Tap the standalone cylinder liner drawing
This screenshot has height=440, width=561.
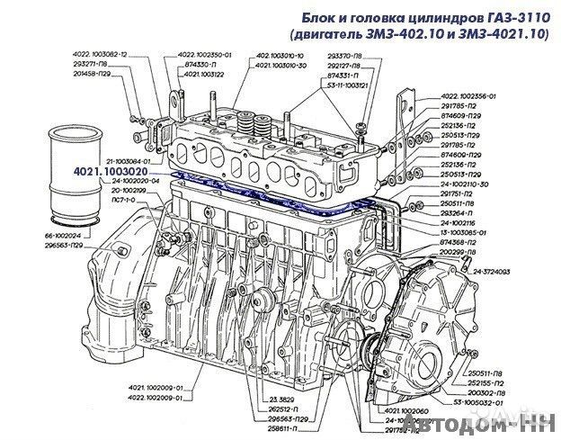[76, 172]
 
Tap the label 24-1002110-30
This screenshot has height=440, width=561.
[465, 184]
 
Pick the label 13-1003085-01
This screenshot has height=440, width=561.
[466, 231]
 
